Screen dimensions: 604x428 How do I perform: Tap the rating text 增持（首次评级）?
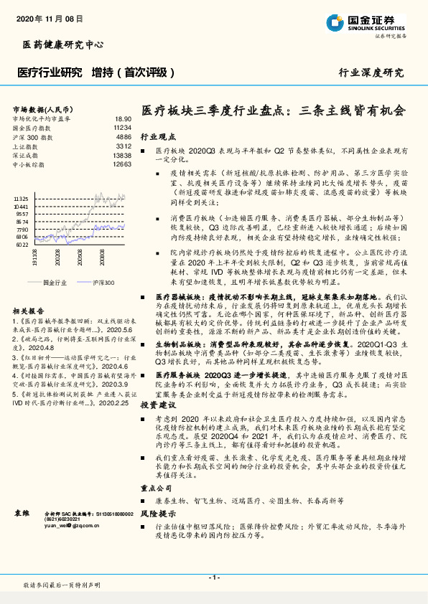(x=133, y=72)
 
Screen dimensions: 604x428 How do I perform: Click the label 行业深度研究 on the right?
(x=371, y=73)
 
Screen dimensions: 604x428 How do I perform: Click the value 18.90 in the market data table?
(x=123, y=119)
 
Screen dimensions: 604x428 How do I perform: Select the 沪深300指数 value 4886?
(x=124, y=136)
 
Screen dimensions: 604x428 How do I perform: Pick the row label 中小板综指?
(x=29, y=164)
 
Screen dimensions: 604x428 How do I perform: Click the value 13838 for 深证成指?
(x=122, y=155)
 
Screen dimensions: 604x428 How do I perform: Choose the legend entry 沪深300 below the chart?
(x=103, y=283)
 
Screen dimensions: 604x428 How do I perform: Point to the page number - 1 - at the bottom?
(x=213, y=577)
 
